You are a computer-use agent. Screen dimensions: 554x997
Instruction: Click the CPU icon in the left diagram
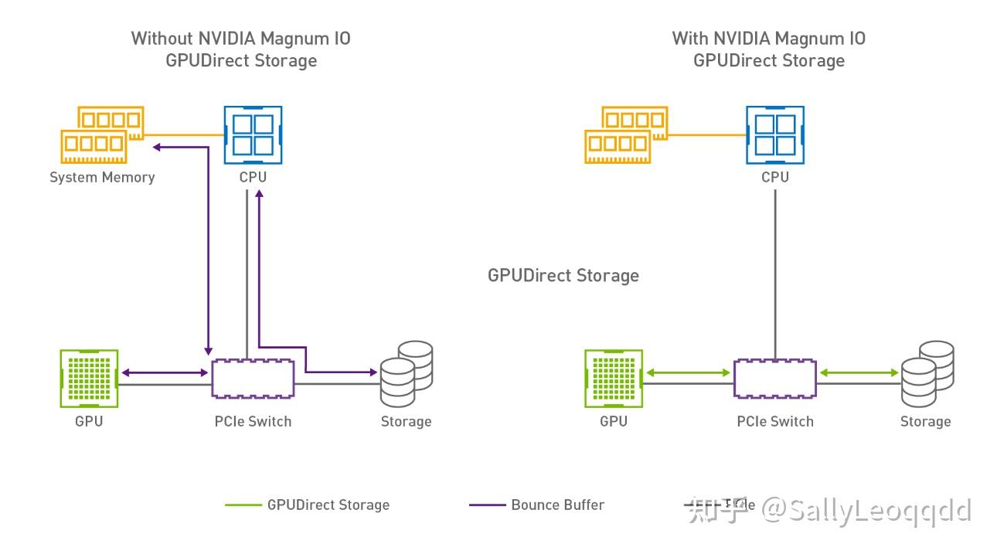tap(253, 134)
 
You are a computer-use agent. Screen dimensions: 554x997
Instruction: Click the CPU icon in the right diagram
tap(774, 134)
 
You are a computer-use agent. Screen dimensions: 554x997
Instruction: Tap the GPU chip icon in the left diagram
tap(89, 377)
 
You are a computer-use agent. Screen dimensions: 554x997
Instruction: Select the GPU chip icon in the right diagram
tap(614, 377)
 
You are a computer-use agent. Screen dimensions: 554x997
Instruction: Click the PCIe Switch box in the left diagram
tap(254, 379)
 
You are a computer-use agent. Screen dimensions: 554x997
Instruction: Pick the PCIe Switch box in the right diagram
tap(774, 379)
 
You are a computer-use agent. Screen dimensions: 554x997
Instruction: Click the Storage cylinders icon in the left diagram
tap(406, 373)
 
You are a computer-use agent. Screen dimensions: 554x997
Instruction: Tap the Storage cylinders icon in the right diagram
tap(926, 373)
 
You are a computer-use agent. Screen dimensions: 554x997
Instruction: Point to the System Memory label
tap(102, 178)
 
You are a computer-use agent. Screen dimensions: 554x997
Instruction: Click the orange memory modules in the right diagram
tap(626, 134)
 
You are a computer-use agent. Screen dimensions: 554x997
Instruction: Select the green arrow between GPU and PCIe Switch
tap(689, 373)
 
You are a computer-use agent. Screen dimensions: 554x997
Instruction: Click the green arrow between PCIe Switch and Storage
tap(858, 373)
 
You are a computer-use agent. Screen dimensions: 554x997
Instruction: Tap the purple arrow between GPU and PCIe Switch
tap(165, 373)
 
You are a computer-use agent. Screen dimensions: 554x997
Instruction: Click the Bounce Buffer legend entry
tap(557, 505)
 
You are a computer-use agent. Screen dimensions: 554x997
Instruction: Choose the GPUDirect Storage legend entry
tap(328, 505)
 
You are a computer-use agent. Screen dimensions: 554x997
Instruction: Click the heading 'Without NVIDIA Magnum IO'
tap(240, 38)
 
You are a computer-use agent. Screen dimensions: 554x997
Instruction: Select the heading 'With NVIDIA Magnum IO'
tap(768, 38)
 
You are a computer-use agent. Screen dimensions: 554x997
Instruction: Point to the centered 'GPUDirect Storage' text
tap(563, 276)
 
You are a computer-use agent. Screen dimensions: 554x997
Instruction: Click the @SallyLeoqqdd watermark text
tap(866, 510)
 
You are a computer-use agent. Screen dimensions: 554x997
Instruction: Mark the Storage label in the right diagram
tap(925, 422)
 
